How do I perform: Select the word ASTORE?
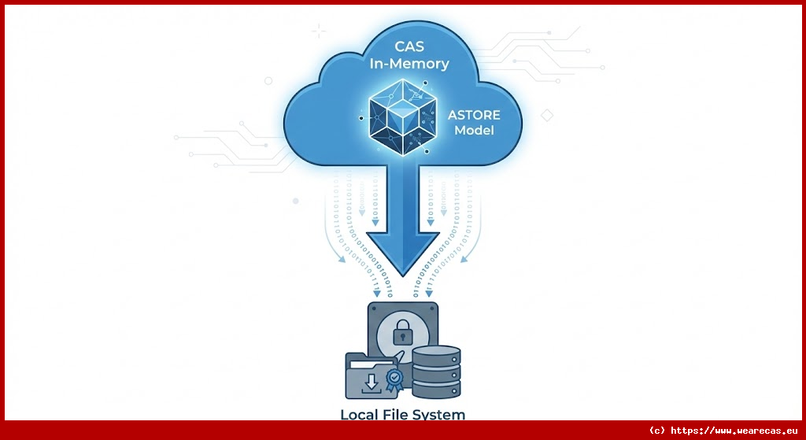[474, 115]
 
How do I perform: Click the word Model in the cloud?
[474, 131]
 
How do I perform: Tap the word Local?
[360, 414]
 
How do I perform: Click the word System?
[441, 414]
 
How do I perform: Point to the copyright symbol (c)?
[657, 431]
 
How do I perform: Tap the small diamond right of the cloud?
[547, 116]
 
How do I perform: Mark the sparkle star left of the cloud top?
[318, 31]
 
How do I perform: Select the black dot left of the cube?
[361, 118]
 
